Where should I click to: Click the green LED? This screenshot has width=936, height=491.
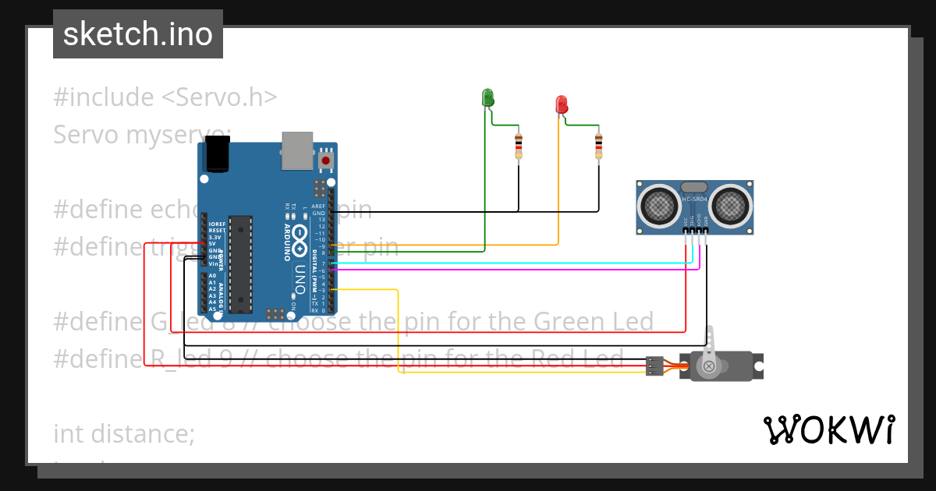click(488, 97)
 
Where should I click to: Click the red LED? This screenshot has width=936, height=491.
click(561, 104)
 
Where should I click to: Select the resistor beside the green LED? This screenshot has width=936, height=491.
click(519, 145)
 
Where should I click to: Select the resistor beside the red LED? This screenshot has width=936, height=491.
click(598, 145)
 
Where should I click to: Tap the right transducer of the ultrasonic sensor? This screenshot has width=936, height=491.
click(731, 206)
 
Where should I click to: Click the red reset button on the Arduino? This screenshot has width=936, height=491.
click(326, 161)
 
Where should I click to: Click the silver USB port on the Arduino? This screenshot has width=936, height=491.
click(296, 150)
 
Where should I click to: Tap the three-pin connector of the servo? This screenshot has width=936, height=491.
click(654, 366)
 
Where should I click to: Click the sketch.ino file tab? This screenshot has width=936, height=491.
click(138, 34)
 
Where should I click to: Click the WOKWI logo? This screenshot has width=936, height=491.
click(828, 429)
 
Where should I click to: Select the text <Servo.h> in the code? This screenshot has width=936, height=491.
click(219, 97)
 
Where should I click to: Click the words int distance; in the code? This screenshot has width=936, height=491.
click(124, 433)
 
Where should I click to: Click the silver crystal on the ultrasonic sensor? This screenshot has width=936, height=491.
click(694, 187)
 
